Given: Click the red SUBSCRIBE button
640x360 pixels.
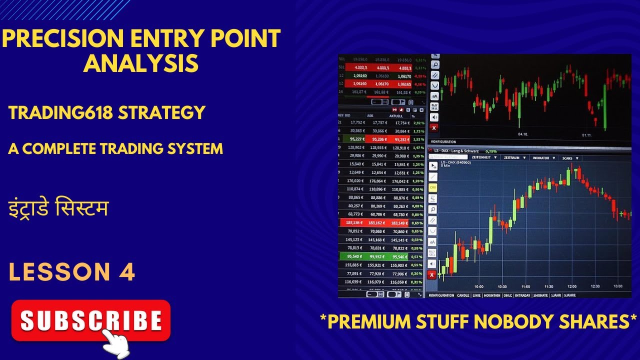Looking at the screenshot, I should tap(90, 320).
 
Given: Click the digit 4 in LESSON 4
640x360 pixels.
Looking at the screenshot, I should tap(127, 271).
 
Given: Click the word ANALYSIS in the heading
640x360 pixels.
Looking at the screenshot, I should tap(140, 64).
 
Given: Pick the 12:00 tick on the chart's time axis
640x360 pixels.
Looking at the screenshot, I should tap(571, 286).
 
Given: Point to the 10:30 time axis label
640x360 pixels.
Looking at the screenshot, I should tap(502, 286).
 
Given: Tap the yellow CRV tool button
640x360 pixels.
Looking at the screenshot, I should tap(433, 187).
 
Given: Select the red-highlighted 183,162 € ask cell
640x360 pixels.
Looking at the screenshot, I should tap(378, 222).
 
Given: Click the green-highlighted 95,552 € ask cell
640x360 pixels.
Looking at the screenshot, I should tap(378, 256).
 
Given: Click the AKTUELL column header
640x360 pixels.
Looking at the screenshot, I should tap(396, 115).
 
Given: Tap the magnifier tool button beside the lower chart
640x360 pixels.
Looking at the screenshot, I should tap(433, 209).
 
